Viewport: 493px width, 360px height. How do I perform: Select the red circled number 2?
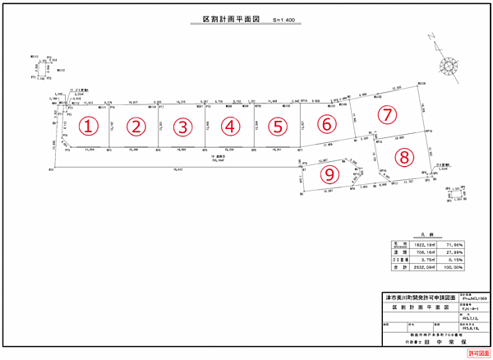click(x=136, y=127)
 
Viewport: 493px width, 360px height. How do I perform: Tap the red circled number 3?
click(x=183, y=127)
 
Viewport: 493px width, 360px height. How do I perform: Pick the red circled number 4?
click(x=231, y=127)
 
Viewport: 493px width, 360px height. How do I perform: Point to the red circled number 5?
click(x=279, y=127)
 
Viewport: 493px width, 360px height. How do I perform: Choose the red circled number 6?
click(x=328, y=124)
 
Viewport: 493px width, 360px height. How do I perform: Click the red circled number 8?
click(x=403, y=156)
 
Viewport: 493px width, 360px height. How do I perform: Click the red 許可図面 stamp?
click(x=477, y=352)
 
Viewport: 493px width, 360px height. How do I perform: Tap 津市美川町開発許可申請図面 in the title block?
click(x=422, y=297)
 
